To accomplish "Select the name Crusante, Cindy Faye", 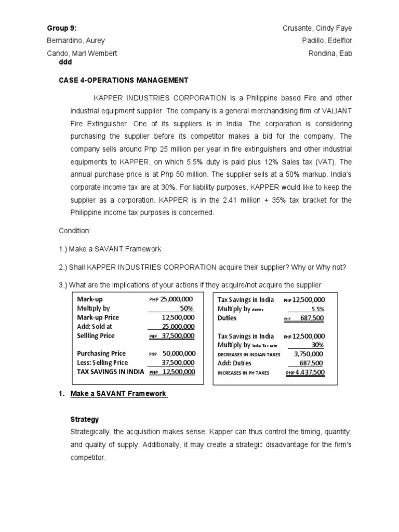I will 321,28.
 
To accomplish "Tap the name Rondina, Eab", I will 330,54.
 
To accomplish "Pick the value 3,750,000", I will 309,354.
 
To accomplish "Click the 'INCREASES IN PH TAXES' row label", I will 243,373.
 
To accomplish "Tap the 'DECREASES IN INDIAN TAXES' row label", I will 249,354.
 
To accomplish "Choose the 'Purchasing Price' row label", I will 101,353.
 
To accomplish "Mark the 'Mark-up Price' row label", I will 98,317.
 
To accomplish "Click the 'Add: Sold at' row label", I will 95,326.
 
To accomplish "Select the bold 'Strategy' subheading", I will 84,419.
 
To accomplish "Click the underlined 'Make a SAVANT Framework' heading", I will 118,394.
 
